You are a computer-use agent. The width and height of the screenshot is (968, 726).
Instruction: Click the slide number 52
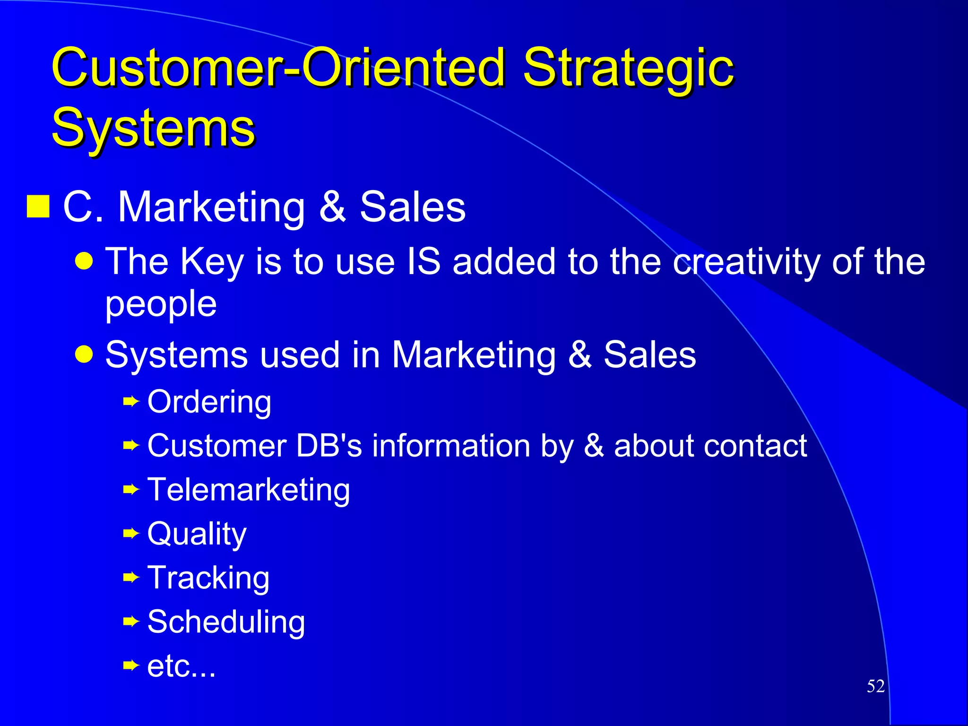[x=875, y=686]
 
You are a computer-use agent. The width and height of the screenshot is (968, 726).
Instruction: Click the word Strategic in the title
[x=628, y=69]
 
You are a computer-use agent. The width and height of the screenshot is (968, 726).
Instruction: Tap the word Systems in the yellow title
[x=154, y=128]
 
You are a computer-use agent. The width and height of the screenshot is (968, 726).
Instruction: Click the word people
[x=161, y=305]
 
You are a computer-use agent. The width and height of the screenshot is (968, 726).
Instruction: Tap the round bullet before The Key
[x=84, y=260]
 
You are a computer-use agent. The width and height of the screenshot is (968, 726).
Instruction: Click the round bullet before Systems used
[x=84, y=354]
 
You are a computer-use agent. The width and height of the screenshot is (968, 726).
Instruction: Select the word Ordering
[x=209, y=402]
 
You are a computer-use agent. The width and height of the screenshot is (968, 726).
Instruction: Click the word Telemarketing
[x=249, y=490]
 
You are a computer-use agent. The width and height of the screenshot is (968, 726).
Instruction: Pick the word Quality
[x=197, y=534]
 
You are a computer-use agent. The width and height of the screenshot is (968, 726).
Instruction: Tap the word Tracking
[x=208, y=578]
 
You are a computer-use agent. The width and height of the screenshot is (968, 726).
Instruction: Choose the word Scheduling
[x=226, y=622]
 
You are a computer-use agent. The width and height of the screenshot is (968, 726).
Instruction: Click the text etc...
[x=181, y=666]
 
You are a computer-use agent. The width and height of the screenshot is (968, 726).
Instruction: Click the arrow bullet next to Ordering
[x=131, y=402]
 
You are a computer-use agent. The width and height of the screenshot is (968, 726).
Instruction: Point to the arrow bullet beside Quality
[x=131, y=534]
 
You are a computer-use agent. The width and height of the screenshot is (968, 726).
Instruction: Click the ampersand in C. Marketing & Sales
[x=332, y=207]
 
